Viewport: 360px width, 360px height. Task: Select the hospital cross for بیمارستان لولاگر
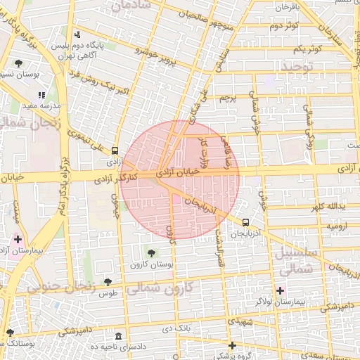280,290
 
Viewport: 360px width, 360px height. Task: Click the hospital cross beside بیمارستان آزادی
18,240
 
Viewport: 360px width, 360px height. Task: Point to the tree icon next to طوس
107,282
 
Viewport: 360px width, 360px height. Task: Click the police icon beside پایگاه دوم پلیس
77,34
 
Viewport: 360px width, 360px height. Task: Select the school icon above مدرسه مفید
41,94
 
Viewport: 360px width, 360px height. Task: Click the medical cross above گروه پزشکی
232,345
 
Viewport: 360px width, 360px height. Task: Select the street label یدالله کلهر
331,207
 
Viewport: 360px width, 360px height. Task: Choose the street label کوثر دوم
285,26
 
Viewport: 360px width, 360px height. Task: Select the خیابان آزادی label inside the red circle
173,172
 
